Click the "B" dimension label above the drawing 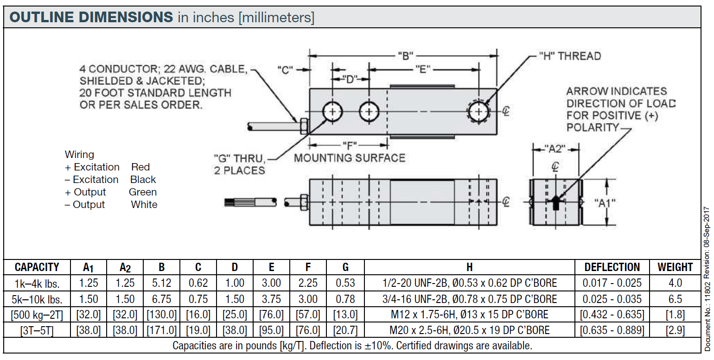coord(405,56)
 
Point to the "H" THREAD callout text coord(569,57)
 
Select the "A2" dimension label coord(555,149)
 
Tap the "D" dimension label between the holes coord(351,79)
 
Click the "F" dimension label coord(350,144)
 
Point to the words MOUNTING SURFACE coord(350,158)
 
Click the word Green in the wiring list coord(143,192)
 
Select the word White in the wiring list coord(144,204)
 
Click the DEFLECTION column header coord(612,267)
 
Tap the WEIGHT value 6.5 coord(675,299)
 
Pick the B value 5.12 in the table coord(161,283)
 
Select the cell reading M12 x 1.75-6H coord(470,315)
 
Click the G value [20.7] coord(345,331)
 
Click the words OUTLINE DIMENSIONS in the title coord(91,17)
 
